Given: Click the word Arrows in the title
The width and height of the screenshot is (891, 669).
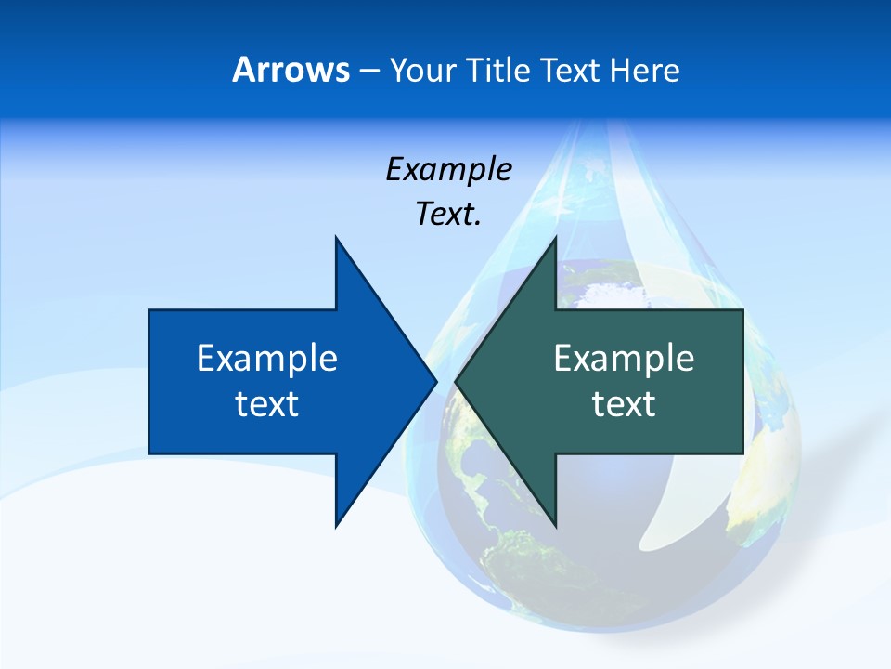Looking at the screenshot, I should click(x=291, y=70).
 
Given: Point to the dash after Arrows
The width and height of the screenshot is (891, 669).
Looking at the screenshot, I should click(x=368, y=71).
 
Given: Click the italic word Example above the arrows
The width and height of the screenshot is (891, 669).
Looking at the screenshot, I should click(x=448, y=169).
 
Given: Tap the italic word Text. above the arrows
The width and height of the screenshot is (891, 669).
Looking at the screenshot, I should click(x=448, y=214).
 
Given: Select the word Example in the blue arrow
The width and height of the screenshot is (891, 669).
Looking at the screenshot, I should click(x=266, y=359).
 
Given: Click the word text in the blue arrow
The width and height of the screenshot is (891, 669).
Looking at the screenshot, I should click(x=266, y=404).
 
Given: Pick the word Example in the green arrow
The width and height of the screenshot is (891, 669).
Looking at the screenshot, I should click(x=624, y=359).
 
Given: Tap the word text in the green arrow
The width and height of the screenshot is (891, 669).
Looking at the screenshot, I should click(x=624, y=404).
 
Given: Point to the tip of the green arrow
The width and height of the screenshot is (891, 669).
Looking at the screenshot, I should click(x=457, y=381).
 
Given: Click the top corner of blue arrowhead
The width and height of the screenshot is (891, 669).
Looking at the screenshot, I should click(x=336, y=238).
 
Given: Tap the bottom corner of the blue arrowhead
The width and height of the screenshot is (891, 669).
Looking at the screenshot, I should click(x=336, y=525).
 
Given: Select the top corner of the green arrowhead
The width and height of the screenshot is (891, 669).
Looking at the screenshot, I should click(x=555, y=238).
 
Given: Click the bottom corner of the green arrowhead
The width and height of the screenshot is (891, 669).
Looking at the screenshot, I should click(x=555, y=525).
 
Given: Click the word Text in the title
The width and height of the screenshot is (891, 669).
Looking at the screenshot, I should click(x=571, y=70).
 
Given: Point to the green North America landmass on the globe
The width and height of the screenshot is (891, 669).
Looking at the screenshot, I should click(x=483, y=465).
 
